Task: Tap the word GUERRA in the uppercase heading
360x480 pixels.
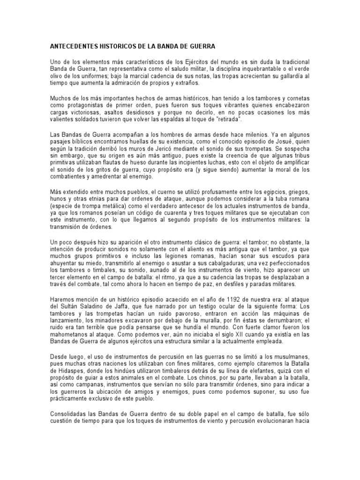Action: pyautogui.click(x=202, y=47)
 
